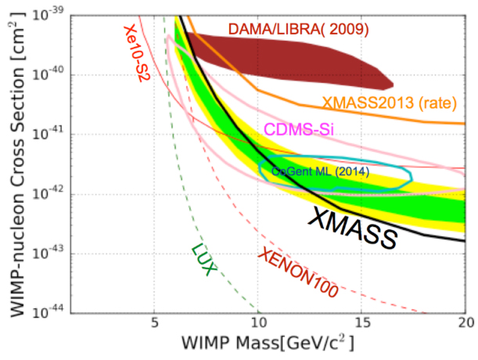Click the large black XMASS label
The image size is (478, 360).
(x=353, y=227)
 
